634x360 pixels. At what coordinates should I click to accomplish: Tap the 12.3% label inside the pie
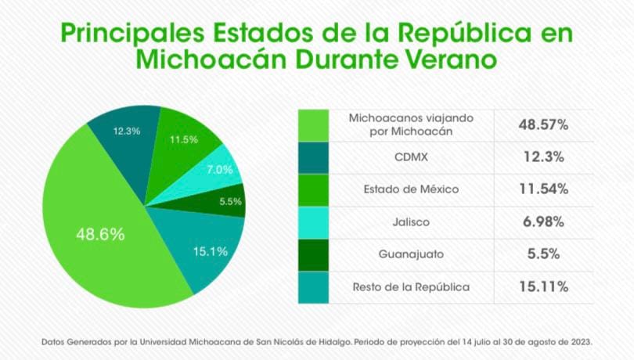point(127,131)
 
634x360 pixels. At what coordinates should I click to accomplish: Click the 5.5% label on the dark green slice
point(230,201)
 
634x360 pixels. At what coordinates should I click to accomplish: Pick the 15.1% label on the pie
point(210,251)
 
